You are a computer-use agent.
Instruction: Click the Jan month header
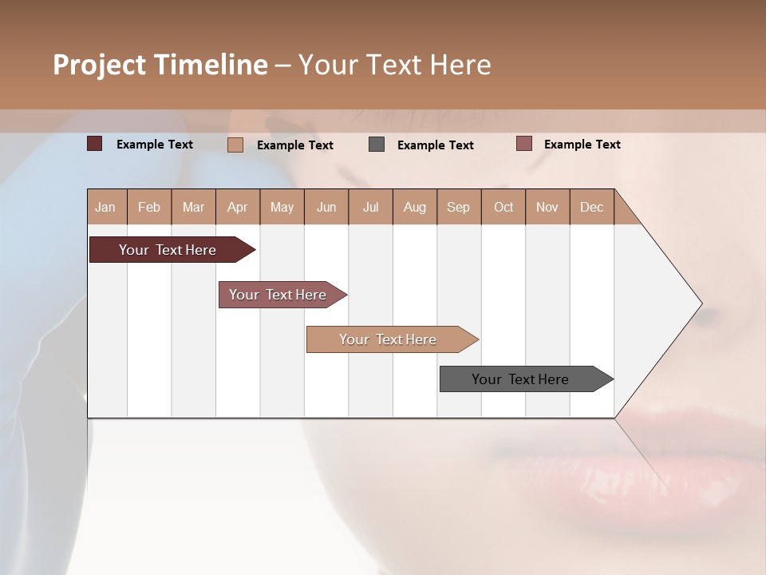[x=105, y=207]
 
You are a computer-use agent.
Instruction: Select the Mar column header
[x=193, y=207]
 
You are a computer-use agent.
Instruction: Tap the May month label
[x=282, y=207]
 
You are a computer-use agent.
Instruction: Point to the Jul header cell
[x=370, y=207]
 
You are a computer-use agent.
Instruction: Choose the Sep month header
[x=458, y=207]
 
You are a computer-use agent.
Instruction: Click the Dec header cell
[x=591, y=207]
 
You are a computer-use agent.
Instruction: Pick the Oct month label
[x=503, y=207]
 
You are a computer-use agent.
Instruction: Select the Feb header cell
[x=149, y=207]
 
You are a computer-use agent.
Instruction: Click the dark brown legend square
[x=95, y=144]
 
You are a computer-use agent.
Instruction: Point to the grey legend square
[x=377, y=145]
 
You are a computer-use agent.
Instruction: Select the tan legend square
[x=235, y=145]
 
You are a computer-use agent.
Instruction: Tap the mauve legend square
[x=523, y=144]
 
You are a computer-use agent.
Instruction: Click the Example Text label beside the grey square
[x=435, y=145]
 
